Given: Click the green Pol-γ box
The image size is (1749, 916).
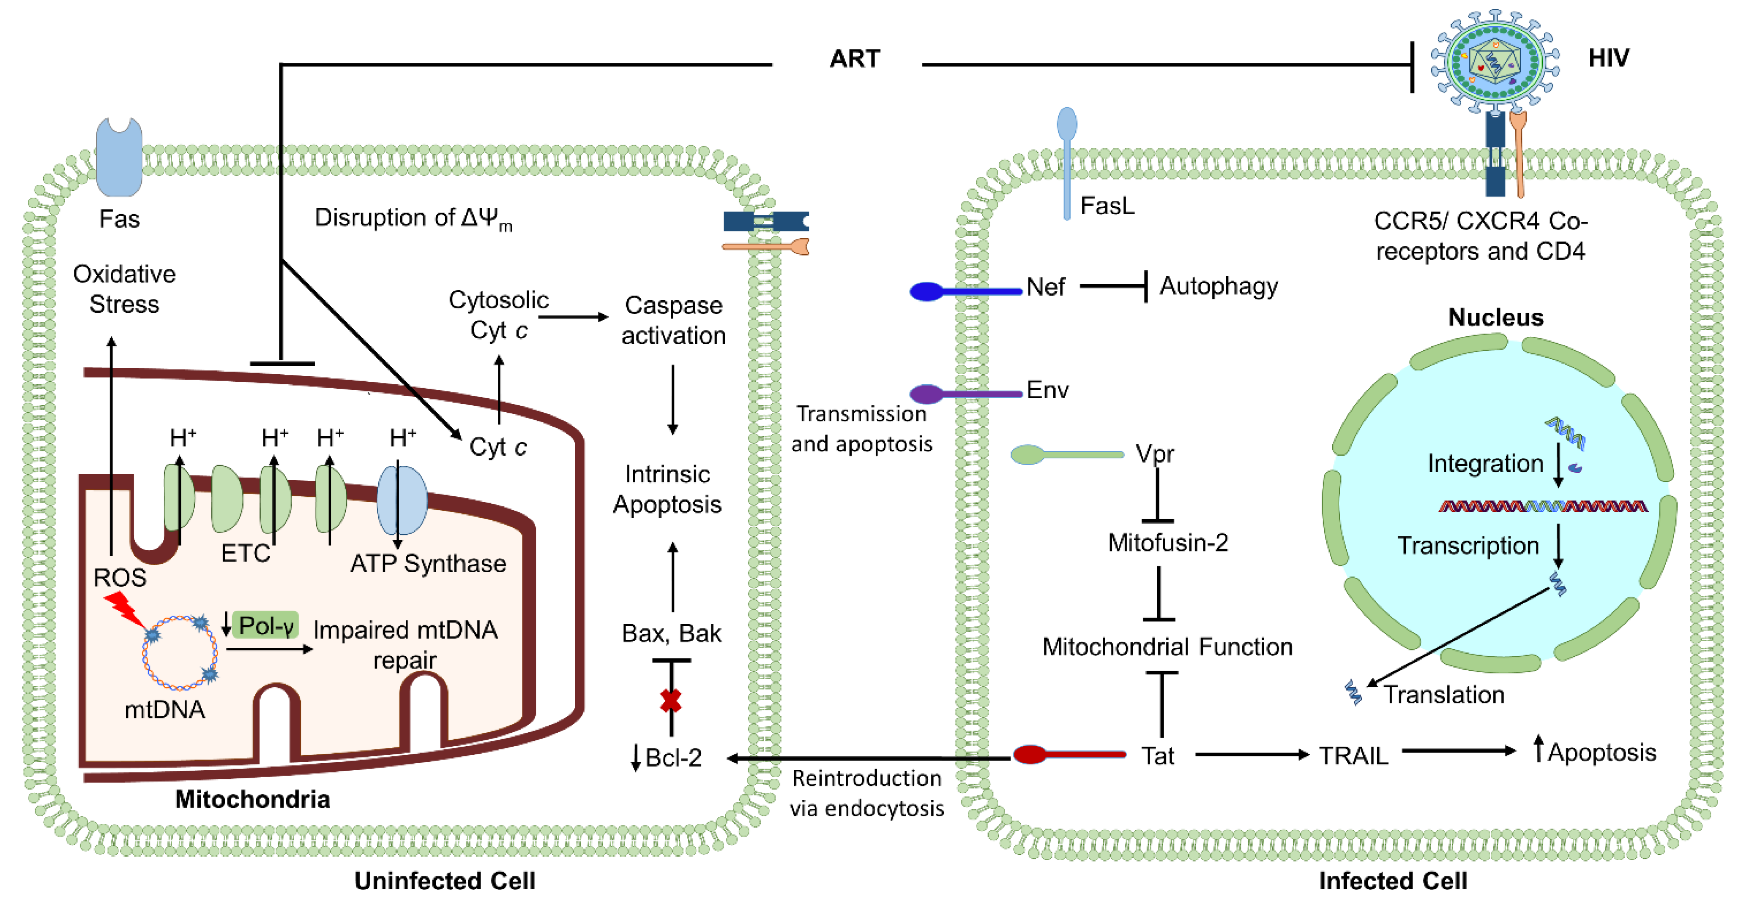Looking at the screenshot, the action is pos(265,625).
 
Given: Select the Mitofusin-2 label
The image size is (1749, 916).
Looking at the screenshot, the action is pos(1168,543).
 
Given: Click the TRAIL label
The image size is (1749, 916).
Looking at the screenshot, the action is pos(1353,755).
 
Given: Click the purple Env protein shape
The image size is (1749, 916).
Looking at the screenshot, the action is pos(965,394).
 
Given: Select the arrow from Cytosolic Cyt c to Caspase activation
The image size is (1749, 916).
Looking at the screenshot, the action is pos(574,317).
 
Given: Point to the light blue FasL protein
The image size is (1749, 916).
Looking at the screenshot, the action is pos(1067,163).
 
